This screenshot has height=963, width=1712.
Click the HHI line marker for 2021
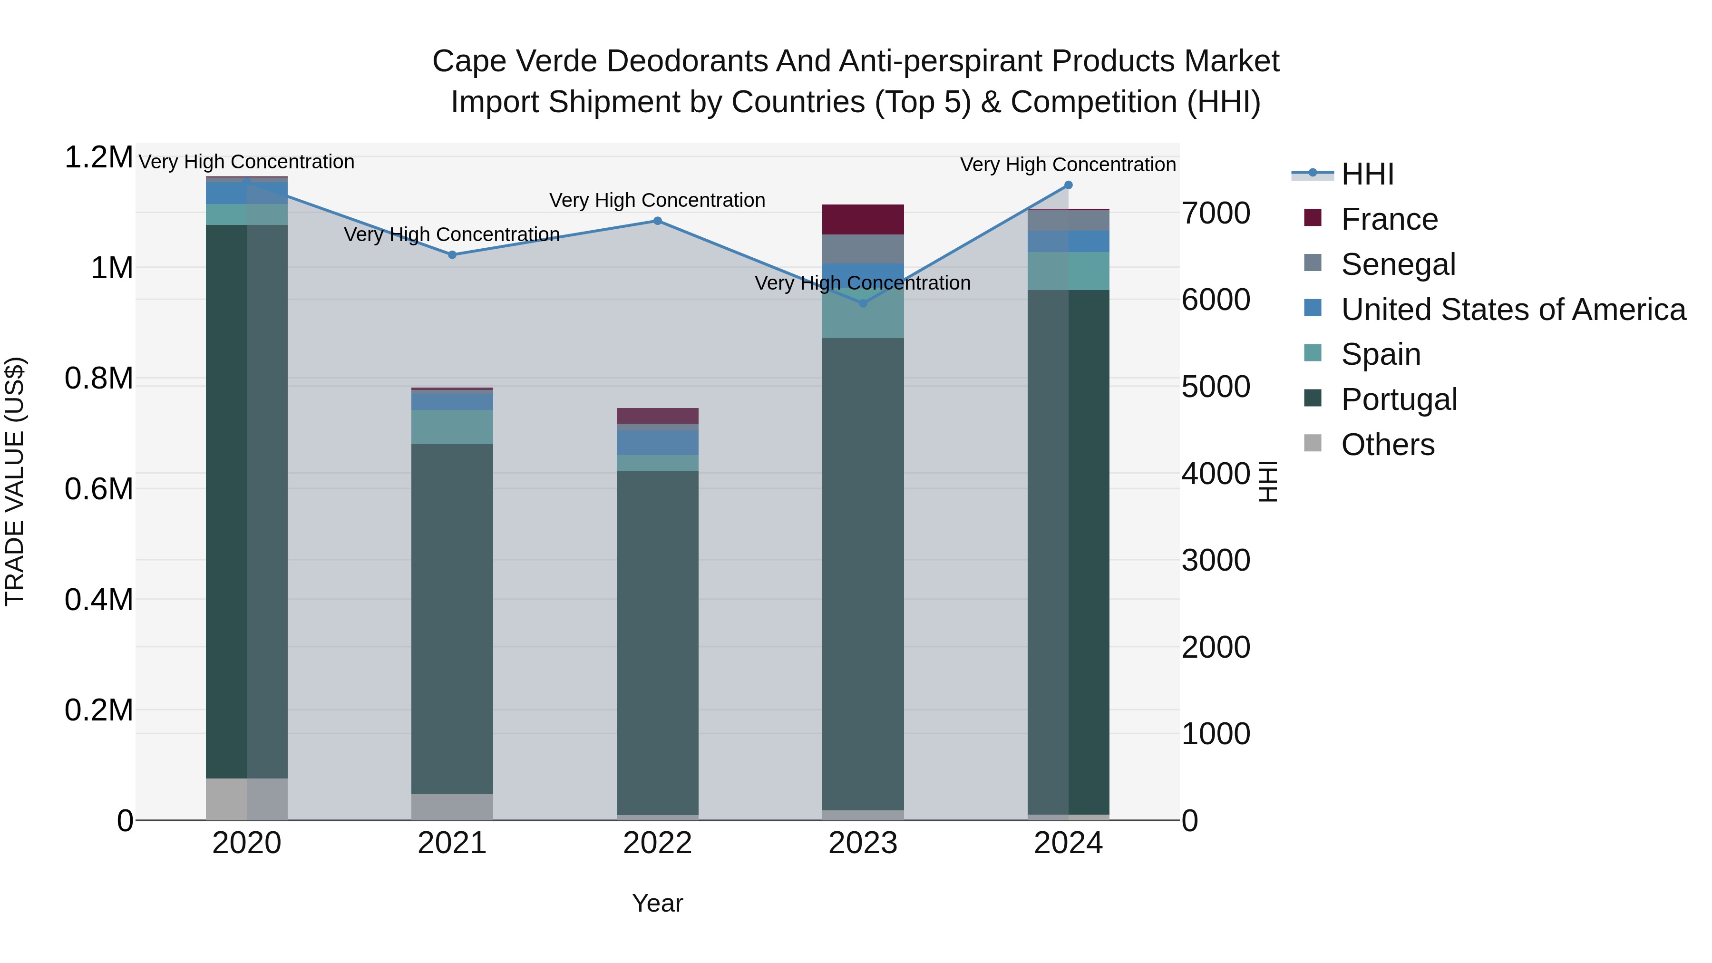pos(452,254)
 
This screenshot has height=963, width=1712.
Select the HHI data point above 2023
pos(863,303)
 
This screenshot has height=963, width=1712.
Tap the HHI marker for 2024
pos(1068,185)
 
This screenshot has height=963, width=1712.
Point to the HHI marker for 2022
pos(657,221)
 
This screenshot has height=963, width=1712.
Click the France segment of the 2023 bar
pos(863,219)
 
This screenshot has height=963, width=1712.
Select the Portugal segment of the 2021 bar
pos(452,618)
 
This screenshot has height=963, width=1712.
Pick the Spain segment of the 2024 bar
pos(1068,271)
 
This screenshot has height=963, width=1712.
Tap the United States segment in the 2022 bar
pos(657,443)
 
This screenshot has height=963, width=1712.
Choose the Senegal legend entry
pos(1398,264)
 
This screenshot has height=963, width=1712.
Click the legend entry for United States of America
pos(1513,310)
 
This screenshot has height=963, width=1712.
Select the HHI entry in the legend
pos(1367,174)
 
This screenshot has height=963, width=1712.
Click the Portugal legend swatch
pos(1313,399)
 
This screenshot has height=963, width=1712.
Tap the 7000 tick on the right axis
pos(1216,214)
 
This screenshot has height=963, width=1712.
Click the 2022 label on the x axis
pos(657,843)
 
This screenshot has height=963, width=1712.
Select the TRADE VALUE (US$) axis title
pos(15,481)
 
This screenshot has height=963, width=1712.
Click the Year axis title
pos(657,903)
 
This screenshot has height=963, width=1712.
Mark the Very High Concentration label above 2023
pos(862,283)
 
